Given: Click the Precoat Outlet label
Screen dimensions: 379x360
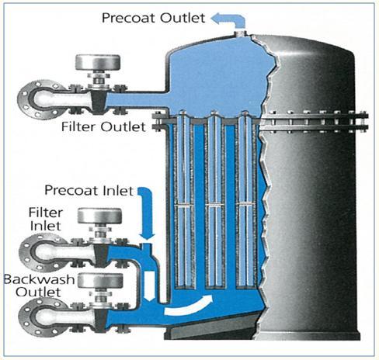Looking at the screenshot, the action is (154, 18).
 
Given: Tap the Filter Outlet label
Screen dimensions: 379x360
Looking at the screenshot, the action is (103, 126).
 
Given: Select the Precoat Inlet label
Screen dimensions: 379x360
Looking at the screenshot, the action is (89, 190).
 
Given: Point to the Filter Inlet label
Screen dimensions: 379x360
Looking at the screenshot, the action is (46, 219).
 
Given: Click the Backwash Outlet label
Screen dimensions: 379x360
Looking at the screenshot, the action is (39, 286).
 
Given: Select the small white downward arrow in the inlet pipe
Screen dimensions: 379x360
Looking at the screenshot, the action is (149, 286).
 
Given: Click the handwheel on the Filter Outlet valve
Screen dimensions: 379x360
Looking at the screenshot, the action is (98, 62).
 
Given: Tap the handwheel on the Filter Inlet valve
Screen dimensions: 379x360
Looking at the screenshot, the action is (99, 216).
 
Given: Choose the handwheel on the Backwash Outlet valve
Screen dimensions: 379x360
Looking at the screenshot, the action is (101, 281).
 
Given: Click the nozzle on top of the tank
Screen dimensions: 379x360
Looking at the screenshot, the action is (240, 33).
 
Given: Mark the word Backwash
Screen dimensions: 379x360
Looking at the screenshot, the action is (40, 279).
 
